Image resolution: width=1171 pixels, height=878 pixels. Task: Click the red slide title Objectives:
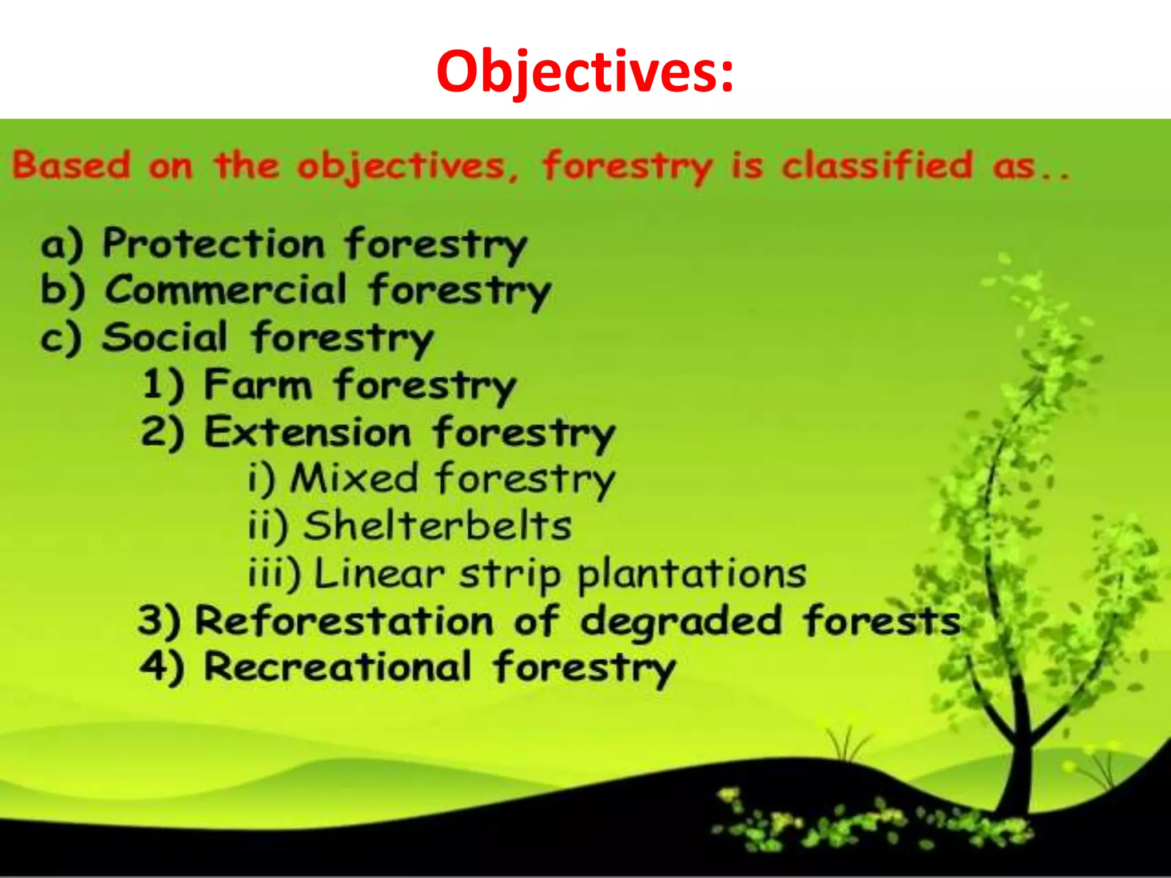pyautogui.click(x=584, y=71)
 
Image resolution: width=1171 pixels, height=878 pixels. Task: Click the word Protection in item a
pyautogui.click(x=213, y=244)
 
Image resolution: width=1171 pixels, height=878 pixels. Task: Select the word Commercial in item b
pyautogui.click(x=226, y=290)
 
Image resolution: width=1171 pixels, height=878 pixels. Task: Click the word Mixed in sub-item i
pyautogui.click(x=354, y=478)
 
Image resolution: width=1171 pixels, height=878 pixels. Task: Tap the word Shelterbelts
pyautogui.click(x=437, y=525)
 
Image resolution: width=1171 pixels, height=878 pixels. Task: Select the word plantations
pyautogui.click(x=692, y=573)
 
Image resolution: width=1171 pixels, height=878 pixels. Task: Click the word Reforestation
pyautogui.click(x=344, y=620)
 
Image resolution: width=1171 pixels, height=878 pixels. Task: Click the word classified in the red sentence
pyautogui.click(x=877, y=166)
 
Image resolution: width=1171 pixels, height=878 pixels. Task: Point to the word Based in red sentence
pyautogui.click(x=71, y=165)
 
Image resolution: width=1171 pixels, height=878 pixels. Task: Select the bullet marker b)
pyautogui.click(x=62, y=290)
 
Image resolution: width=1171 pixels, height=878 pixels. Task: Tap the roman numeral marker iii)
pyautogui.click(x=274, y=573)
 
